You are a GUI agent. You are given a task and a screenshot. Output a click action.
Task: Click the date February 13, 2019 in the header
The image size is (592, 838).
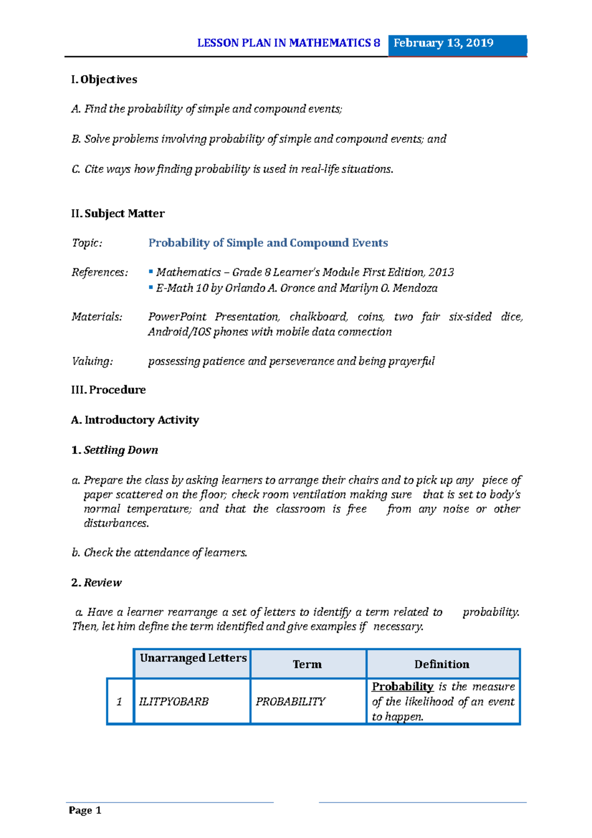[x=443, y=43]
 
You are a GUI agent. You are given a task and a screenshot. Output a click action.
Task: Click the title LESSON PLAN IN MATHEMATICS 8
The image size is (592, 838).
[x=289, y=43]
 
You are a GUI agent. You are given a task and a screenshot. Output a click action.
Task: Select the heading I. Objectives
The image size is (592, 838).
[x=104, y=79]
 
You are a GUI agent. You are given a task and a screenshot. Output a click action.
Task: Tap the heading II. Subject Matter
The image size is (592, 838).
[x=118, y=214]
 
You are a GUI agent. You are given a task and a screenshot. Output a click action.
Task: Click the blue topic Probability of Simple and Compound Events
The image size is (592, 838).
[x=268, y=243]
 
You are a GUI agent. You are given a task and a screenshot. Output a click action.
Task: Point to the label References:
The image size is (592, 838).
[x=100, y=272]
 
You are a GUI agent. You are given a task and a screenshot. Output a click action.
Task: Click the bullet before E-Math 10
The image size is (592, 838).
[x=151, y=287]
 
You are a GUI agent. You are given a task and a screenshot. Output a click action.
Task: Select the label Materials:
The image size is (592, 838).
[x=97, y=317]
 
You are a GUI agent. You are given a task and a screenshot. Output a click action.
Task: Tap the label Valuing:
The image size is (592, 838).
[x=92, y=361]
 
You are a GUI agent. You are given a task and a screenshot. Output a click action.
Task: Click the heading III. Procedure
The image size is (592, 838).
[x=109, y=390]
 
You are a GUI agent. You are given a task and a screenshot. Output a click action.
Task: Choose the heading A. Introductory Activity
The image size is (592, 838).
[x=135, y=420]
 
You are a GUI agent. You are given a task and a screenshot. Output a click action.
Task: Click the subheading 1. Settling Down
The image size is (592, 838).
[x=115, y=450]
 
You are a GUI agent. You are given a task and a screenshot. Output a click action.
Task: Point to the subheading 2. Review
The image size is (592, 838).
[x=97, y=583]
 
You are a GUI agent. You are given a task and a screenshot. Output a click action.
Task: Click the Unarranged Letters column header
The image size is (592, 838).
[x=193, y=658]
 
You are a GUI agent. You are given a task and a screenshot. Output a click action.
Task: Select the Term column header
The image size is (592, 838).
[x=307, y=664]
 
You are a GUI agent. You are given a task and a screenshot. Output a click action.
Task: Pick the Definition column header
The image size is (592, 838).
[x=442, y=664]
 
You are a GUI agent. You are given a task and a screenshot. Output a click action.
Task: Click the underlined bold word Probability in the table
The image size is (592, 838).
[x=403, y=686]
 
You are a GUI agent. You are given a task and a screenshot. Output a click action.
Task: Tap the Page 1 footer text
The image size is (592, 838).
[x=85, y=810]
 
